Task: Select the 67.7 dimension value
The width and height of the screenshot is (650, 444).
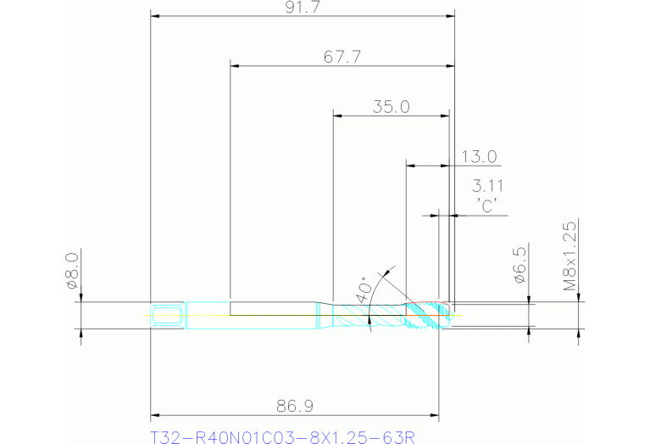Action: (342, 57)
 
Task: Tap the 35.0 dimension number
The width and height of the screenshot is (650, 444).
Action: (391, 107)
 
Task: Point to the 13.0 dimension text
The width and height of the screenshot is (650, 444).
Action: (479, 156)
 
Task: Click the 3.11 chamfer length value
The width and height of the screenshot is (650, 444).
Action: (489, 186)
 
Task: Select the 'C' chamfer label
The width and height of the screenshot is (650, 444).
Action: (487, 206)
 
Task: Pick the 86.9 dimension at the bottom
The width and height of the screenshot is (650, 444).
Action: (294, 407)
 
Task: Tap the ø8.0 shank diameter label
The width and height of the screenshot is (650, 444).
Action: (72, 273)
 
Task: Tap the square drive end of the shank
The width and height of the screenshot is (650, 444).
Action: (168, 316)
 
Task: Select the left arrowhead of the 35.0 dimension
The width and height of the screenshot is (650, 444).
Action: (336, 115)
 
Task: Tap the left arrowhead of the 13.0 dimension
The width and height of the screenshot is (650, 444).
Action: (410, 165)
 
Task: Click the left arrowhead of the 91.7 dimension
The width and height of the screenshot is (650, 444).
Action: (154, 15)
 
